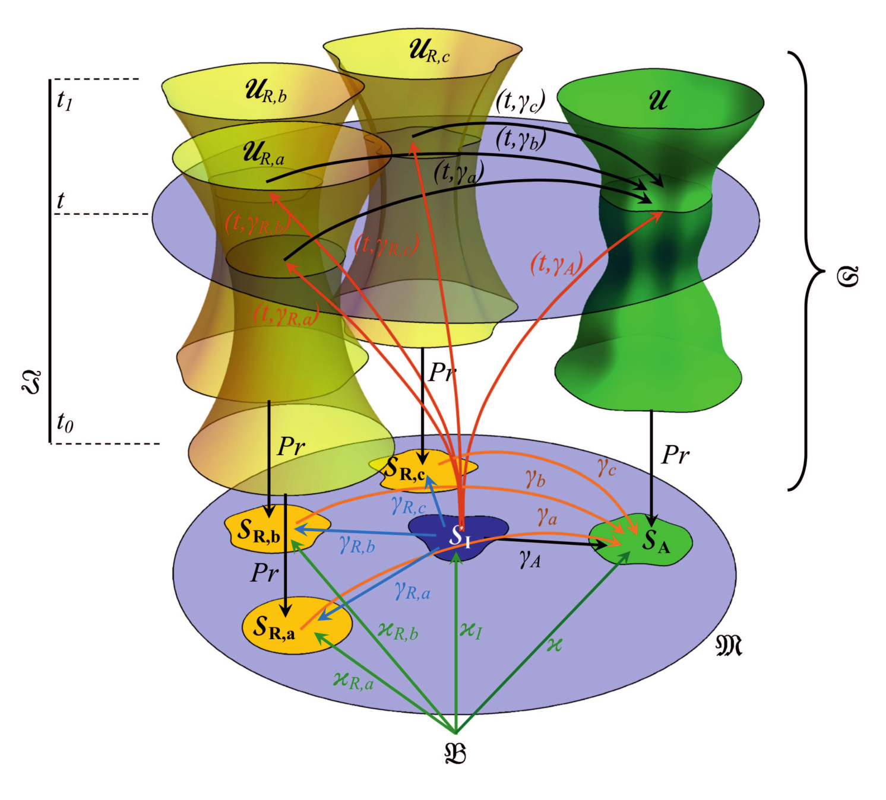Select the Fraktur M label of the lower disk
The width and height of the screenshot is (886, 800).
(x=729, y=645)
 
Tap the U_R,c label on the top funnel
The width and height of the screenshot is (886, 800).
(x=429, y=51)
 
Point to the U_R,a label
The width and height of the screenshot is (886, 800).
(x=264, y=153)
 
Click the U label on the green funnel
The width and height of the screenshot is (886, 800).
(x=658, y=99)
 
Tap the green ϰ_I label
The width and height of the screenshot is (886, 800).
(x=470, y=630)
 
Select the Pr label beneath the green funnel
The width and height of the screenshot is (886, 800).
(x=676, y=455)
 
